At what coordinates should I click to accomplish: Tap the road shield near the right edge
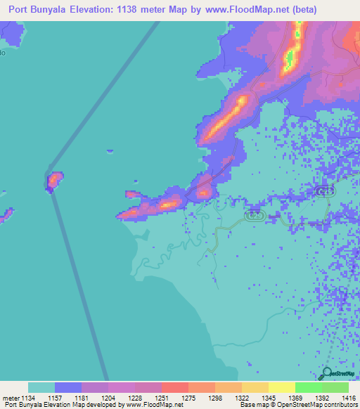click(325, 191)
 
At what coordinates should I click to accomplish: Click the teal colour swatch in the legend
click(41, 387)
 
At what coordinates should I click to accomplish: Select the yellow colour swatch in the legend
click(281, 387)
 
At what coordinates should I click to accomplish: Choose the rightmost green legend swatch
click(335, 387)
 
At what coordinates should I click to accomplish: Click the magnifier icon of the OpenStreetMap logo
click(326, 374)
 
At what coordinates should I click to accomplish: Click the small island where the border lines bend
click(54, 181)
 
